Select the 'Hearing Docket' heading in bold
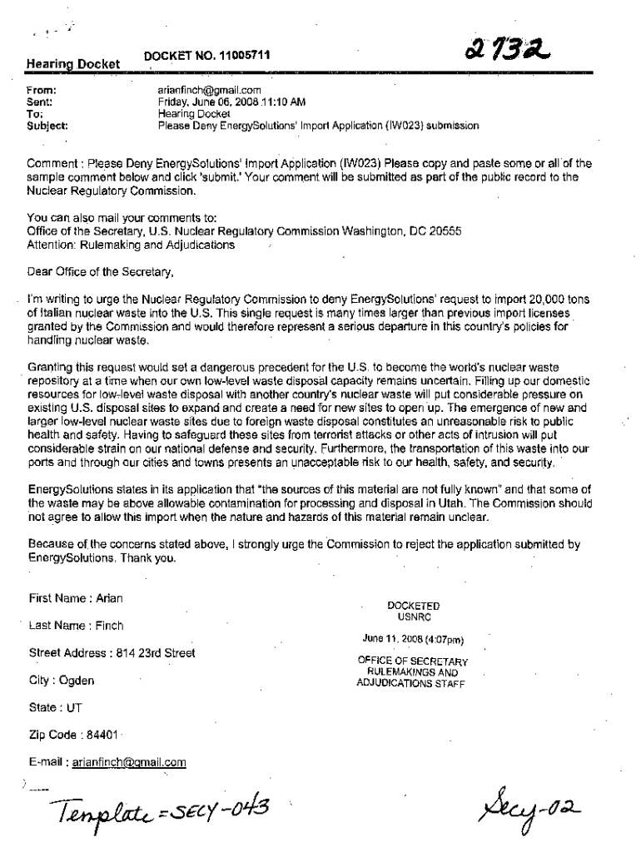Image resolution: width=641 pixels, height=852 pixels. pyautogui.click(x=72, y=63)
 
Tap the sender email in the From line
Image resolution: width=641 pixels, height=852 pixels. pyautogui.click(x=210, y=90)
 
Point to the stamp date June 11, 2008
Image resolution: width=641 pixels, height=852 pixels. pyautogui.click(x=412, y=639)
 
